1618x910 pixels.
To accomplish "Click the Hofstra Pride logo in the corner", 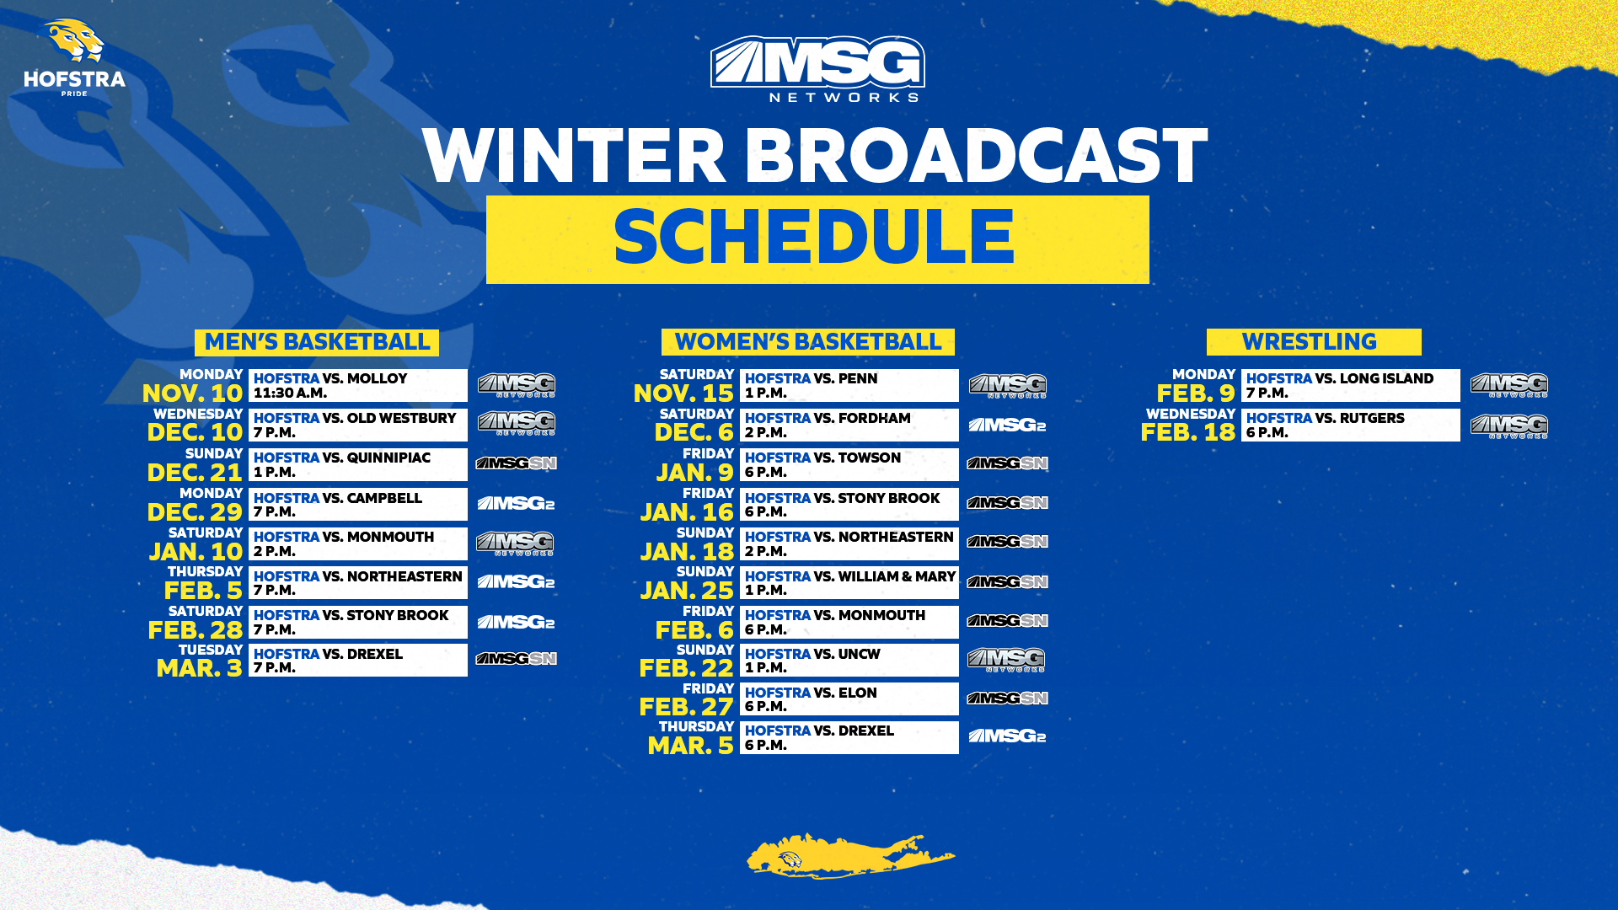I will (x=74, y=57).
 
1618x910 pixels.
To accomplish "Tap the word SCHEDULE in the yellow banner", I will (x=814, y=239).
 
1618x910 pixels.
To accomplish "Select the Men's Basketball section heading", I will (x=317, y=342).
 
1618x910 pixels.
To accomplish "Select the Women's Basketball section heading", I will (x=807, y=342).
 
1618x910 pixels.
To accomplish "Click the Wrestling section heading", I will (x=1312, y=342).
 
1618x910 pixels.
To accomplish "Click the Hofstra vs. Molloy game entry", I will (x=357, y=386).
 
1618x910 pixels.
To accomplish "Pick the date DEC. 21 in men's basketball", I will (x=195, y=473).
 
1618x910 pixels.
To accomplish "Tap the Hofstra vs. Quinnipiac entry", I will (x=357, y=464).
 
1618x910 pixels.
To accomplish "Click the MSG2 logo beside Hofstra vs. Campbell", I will (x=516, y=504).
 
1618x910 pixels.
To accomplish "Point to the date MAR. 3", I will (x=199, y=668).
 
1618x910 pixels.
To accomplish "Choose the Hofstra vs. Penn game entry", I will (x=849, y=386).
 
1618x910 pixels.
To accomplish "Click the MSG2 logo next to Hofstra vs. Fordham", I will (x=1007, y=426).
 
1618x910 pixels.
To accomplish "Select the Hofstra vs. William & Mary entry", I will (x=849, y=583).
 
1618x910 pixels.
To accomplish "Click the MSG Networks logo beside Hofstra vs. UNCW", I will (x=1006, y=660).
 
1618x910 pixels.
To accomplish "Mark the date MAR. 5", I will (x=690, y=746).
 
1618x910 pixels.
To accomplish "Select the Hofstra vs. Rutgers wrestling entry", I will (x=1350, y=426).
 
